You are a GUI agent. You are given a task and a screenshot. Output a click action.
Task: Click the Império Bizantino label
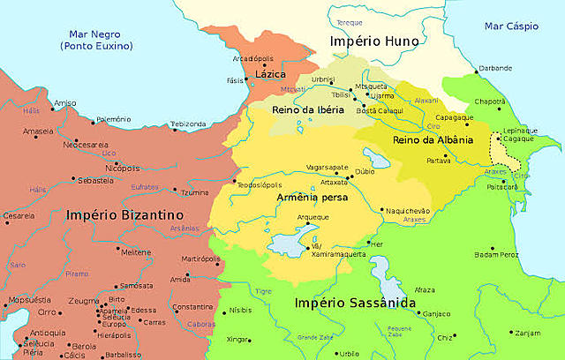pos(124,214)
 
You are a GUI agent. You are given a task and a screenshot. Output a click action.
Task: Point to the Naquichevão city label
pos(407,211)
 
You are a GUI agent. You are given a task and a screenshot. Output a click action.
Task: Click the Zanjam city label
pos(527,333)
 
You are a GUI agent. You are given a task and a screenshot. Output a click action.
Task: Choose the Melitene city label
pos(136,252)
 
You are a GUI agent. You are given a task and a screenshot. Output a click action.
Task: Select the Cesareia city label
pos(19,215)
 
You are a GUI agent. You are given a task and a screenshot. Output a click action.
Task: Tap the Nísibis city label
pos(241,311)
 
